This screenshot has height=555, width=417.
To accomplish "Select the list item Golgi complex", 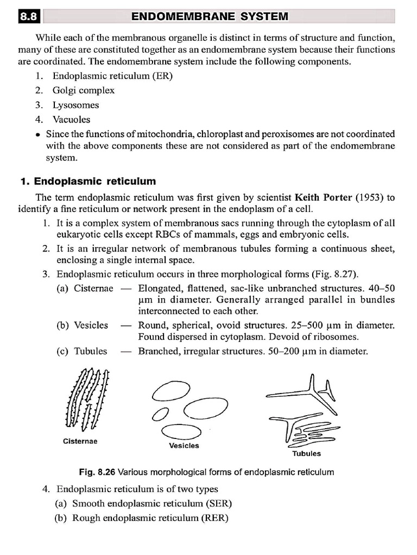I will click(x=83, y=91).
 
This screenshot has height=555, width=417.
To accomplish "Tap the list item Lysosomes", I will click(x=75, y=105).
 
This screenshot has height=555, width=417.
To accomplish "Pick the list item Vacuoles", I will click(x=71, y=119).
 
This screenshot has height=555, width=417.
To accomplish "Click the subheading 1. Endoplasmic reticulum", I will click(x=88, y=181).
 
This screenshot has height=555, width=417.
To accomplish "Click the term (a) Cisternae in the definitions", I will click(x=85, y=288).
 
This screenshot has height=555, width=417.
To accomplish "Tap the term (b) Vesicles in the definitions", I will click(x=82, y=325).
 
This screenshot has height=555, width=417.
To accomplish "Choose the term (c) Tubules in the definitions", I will click(x=81, y=351).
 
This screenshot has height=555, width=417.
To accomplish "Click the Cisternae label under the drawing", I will click(x=80, y=441).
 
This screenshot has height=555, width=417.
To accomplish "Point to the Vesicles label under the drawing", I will click(x=184, y=446).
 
